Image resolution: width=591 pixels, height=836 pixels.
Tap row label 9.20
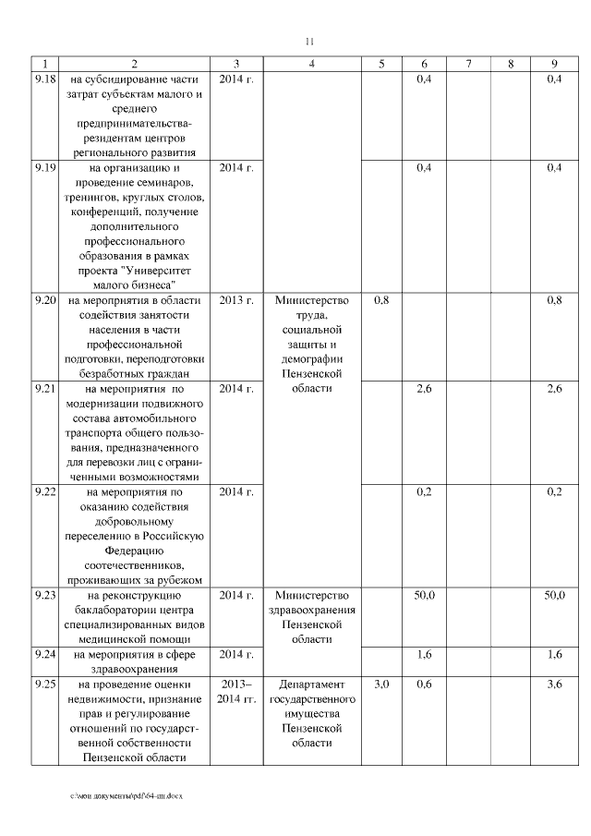(x=44, y=300)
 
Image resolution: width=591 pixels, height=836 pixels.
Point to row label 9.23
(x=44, y=595)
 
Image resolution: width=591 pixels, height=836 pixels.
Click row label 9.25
(x=44, y=685)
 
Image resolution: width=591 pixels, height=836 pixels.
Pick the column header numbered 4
(x=312, y=64)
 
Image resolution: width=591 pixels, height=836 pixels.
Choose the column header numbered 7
(x=469, y=64)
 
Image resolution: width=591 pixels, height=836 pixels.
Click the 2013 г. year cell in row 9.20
(x=237, y=300)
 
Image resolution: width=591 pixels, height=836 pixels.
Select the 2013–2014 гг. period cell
(x=237, y=692)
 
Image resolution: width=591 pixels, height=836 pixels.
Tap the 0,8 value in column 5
(x=381, y=300)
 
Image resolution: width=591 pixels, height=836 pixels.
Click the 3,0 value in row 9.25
(x=381, y=685)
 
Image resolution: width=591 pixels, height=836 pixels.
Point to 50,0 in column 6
(x=424, y=595)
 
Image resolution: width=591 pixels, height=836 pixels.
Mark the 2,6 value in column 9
(x=554, y=389)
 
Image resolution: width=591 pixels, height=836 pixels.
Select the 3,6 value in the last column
(x=554, y=685)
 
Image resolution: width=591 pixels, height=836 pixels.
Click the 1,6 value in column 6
(x=424, y=655)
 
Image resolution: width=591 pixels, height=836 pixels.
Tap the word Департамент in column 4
(x=312, y=685)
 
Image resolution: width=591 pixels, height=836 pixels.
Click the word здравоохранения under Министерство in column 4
(x=312, y=610)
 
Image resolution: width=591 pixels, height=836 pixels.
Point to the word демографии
(x=312, y=359)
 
